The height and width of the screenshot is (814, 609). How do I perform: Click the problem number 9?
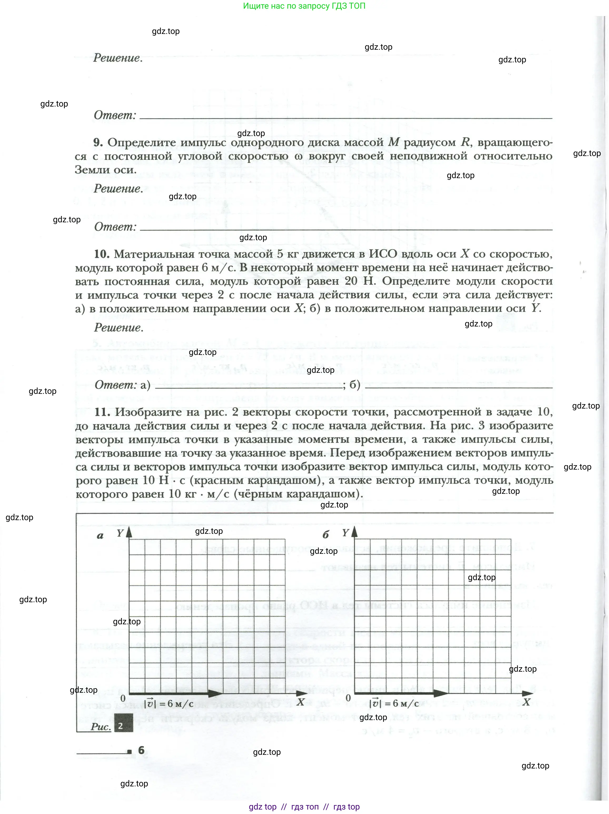98,142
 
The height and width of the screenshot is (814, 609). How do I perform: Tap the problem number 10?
101,254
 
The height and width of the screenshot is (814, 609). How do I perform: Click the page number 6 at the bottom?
141,750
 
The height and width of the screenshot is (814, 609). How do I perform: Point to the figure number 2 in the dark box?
120,726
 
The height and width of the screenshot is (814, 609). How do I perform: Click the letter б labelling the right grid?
325,535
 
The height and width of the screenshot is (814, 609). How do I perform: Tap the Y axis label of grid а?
120,533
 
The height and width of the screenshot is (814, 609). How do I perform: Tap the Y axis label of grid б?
345,532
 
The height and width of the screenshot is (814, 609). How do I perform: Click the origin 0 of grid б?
348,698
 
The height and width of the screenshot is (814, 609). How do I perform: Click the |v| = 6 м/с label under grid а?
169,704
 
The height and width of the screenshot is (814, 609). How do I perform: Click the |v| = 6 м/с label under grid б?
394,704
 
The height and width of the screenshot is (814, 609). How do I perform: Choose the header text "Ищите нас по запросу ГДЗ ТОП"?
304,6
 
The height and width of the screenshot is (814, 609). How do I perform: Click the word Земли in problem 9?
90,170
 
